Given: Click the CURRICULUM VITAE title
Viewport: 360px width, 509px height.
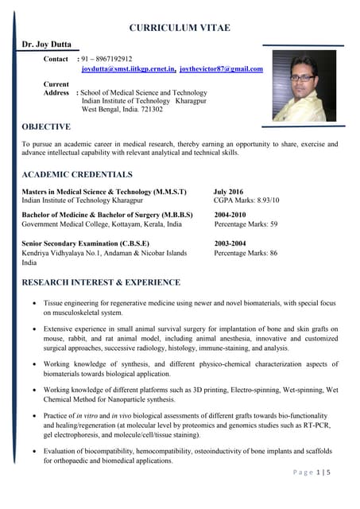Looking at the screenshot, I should click(x=180, y=28).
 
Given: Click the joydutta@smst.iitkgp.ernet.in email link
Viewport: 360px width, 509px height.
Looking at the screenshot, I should click(x=128, y=70).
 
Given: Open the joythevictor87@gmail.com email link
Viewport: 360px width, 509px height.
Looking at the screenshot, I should click(x=221, y=70).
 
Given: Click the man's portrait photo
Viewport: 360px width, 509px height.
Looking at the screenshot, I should click(x=304, y=85).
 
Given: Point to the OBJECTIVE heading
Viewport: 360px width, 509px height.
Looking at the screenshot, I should click(x=46, y=126).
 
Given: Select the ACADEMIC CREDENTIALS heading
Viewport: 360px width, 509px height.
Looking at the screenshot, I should click(x=77, y=174).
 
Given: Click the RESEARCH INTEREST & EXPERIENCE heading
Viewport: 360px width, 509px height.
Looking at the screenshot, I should click(x=101, y=282).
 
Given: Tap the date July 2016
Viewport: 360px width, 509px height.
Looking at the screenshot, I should click(x=229, y=192).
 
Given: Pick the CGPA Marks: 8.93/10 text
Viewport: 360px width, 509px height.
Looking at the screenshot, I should click(x=246, y=201).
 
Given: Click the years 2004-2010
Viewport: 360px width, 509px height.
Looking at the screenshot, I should click(x=230, y=215).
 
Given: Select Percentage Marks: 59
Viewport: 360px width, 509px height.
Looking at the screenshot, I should click(x=246, y=224).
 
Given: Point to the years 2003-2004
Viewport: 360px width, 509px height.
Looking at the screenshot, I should click(x=230, y=243).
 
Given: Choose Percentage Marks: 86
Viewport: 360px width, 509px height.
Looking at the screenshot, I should click(x=246, y=253).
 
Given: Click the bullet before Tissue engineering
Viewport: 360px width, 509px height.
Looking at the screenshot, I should click(x=33, y=304).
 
